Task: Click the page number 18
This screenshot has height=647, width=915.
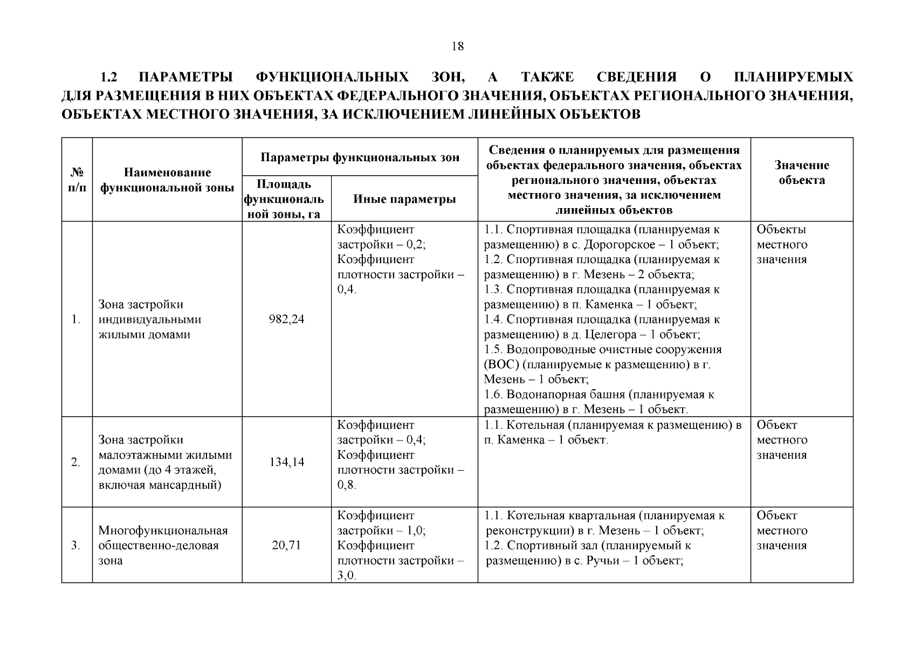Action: (457, 46)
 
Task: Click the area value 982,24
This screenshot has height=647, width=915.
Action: (286, 319)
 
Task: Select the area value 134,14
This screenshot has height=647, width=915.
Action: (286, 462)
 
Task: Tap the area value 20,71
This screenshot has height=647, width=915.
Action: (286, 545)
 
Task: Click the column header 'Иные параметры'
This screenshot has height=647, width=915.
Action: (404, 199)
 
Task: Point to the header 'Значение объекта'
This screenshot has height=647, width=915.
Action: (801, 173)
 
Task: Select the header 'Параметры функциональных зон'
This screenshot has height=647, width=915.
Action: (360, 157)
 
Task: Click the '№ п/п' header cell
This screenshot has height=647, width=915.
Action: (77, 180)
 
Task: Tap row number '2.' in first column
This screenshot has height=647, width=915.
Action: (76, 462)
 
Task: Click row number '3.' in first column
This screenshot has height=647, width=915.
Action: (76, 545)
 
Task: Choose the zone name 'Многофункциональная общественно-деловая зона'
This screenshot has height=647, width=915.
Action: (163, 545)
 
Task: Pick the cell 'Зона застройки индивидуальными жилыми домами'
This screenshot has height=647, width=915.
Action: (150, 319)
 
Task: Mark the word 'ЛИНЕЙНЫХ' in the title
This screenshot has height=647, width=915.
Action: (511, 114)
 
